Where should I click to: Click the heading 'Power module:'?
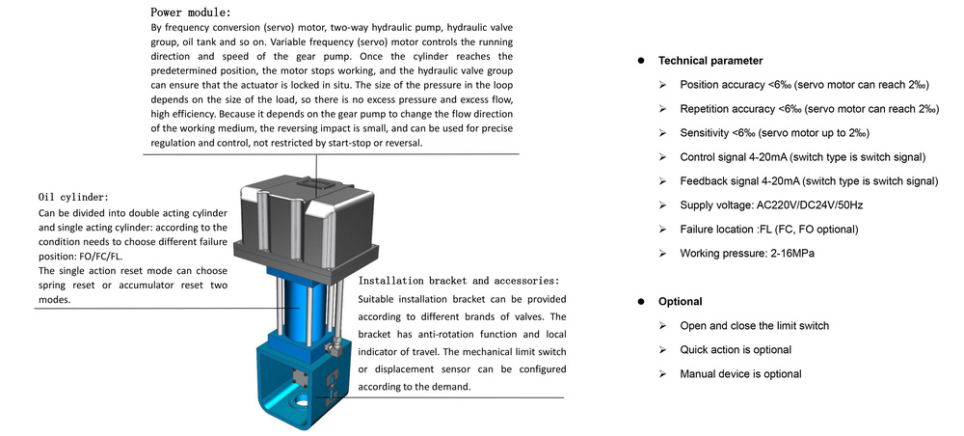tap(191, 12)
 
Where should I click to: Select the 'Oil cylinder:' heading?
tap(73, 197)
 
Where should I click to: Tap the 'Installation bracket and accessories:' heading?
tap(459, 281)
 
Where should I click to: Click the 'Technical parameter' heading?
tap(710, 61)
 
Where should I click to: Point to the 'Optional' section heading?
tap(680, 301)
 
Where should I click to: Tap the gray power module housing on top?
tap(307, 209)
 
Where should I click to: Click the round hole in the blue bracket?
tap(303, 403)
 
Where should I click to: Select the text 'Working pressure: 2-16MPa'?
tap(747, 253)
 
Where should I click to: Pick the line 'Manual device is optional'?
tap(740, 374)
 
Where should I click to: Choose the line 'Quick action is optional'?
tap(736, 350)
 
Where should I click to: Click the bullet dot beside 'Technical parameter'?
tap(641, 61)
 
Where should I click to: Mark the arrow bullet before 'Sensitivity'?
tap(662, 133)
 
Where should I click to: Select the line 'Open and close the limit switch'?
tap(755, 326)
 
